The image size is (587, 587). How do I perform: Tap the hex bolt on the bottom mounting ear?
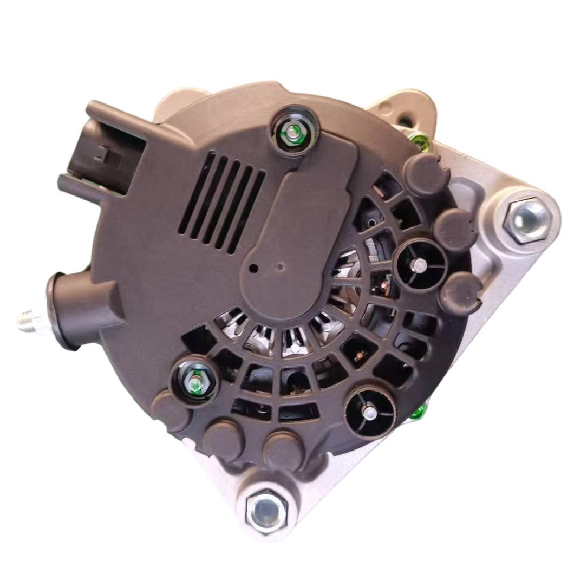coord(267,509)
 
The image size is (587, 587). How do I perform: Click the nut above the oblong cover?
coord(293,132)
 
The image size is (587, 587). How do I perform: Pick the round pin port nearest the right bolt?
coord(420,265)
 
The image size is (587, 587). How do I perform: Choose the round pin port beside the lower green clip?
coord(371,412)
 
